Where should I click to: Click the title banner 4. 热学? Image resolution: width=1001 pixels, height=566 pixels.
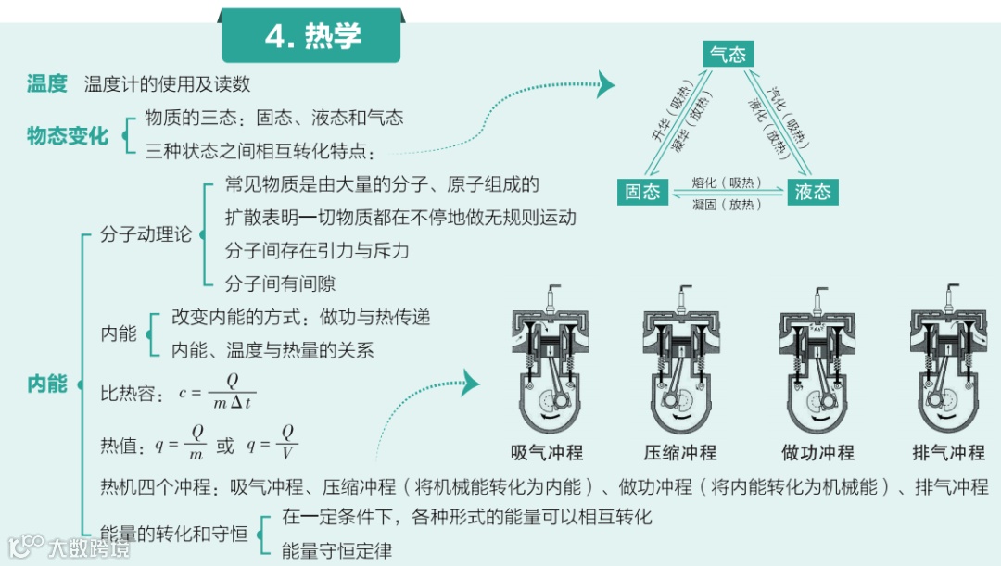pyautogui.click(x=311, y=36)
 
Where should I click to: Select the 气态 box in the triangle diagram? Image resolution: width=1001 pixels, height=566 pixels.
pyautogui.click(x=727, y=54)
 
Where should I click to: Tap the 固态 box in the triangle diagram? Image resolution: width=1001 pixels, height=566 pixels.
pyautogui.click(x=642, y=191)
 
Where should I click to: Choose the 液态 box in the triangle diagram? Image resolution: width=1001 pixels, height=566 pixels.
pyautogui.click(x=813, y=192)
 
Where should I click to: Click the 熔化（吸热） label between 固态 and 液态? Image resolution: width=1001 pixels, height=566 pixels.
pyautogui.click(x=727, y=182)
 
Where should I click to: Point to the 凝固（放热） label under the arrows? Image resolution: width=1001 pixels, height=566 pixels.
pyautogui.click(x=727, y=205)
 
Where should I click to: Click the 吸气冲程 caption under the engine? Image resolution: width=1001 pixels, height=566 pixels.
pyautogui.click(x=547, y=453)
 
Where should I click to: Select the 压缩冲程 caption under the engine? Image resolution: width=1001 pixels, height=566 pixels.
pyautogui.click(x=680, y=453)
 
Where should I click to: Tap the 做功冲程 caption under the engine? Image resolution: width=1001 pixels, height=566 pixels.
pyautogui.click(x=817, y=453)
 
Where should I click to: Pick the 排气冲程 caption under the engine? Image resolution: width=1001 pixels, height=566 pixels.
pyautogui.click(x=948, y=453)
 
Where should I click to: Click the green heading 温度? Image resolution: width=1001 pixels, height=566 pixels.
pyautogui.click(x=47, y=84)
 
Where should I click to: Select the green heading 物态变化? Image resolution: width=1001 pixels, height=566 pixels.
pyautogui.click(x=68, y=136)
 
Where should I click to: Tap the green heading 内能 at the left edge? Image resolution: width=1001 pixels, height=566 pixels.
pyautogui.click(x=47, y=384)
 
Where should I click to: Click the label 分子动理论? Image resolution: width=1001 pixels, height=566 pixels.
pyautogui.click(x=146, y=234)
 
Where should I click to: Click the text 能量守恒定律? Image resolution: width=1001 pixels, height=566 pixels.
pyautogui.click(x=337, y=551)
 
